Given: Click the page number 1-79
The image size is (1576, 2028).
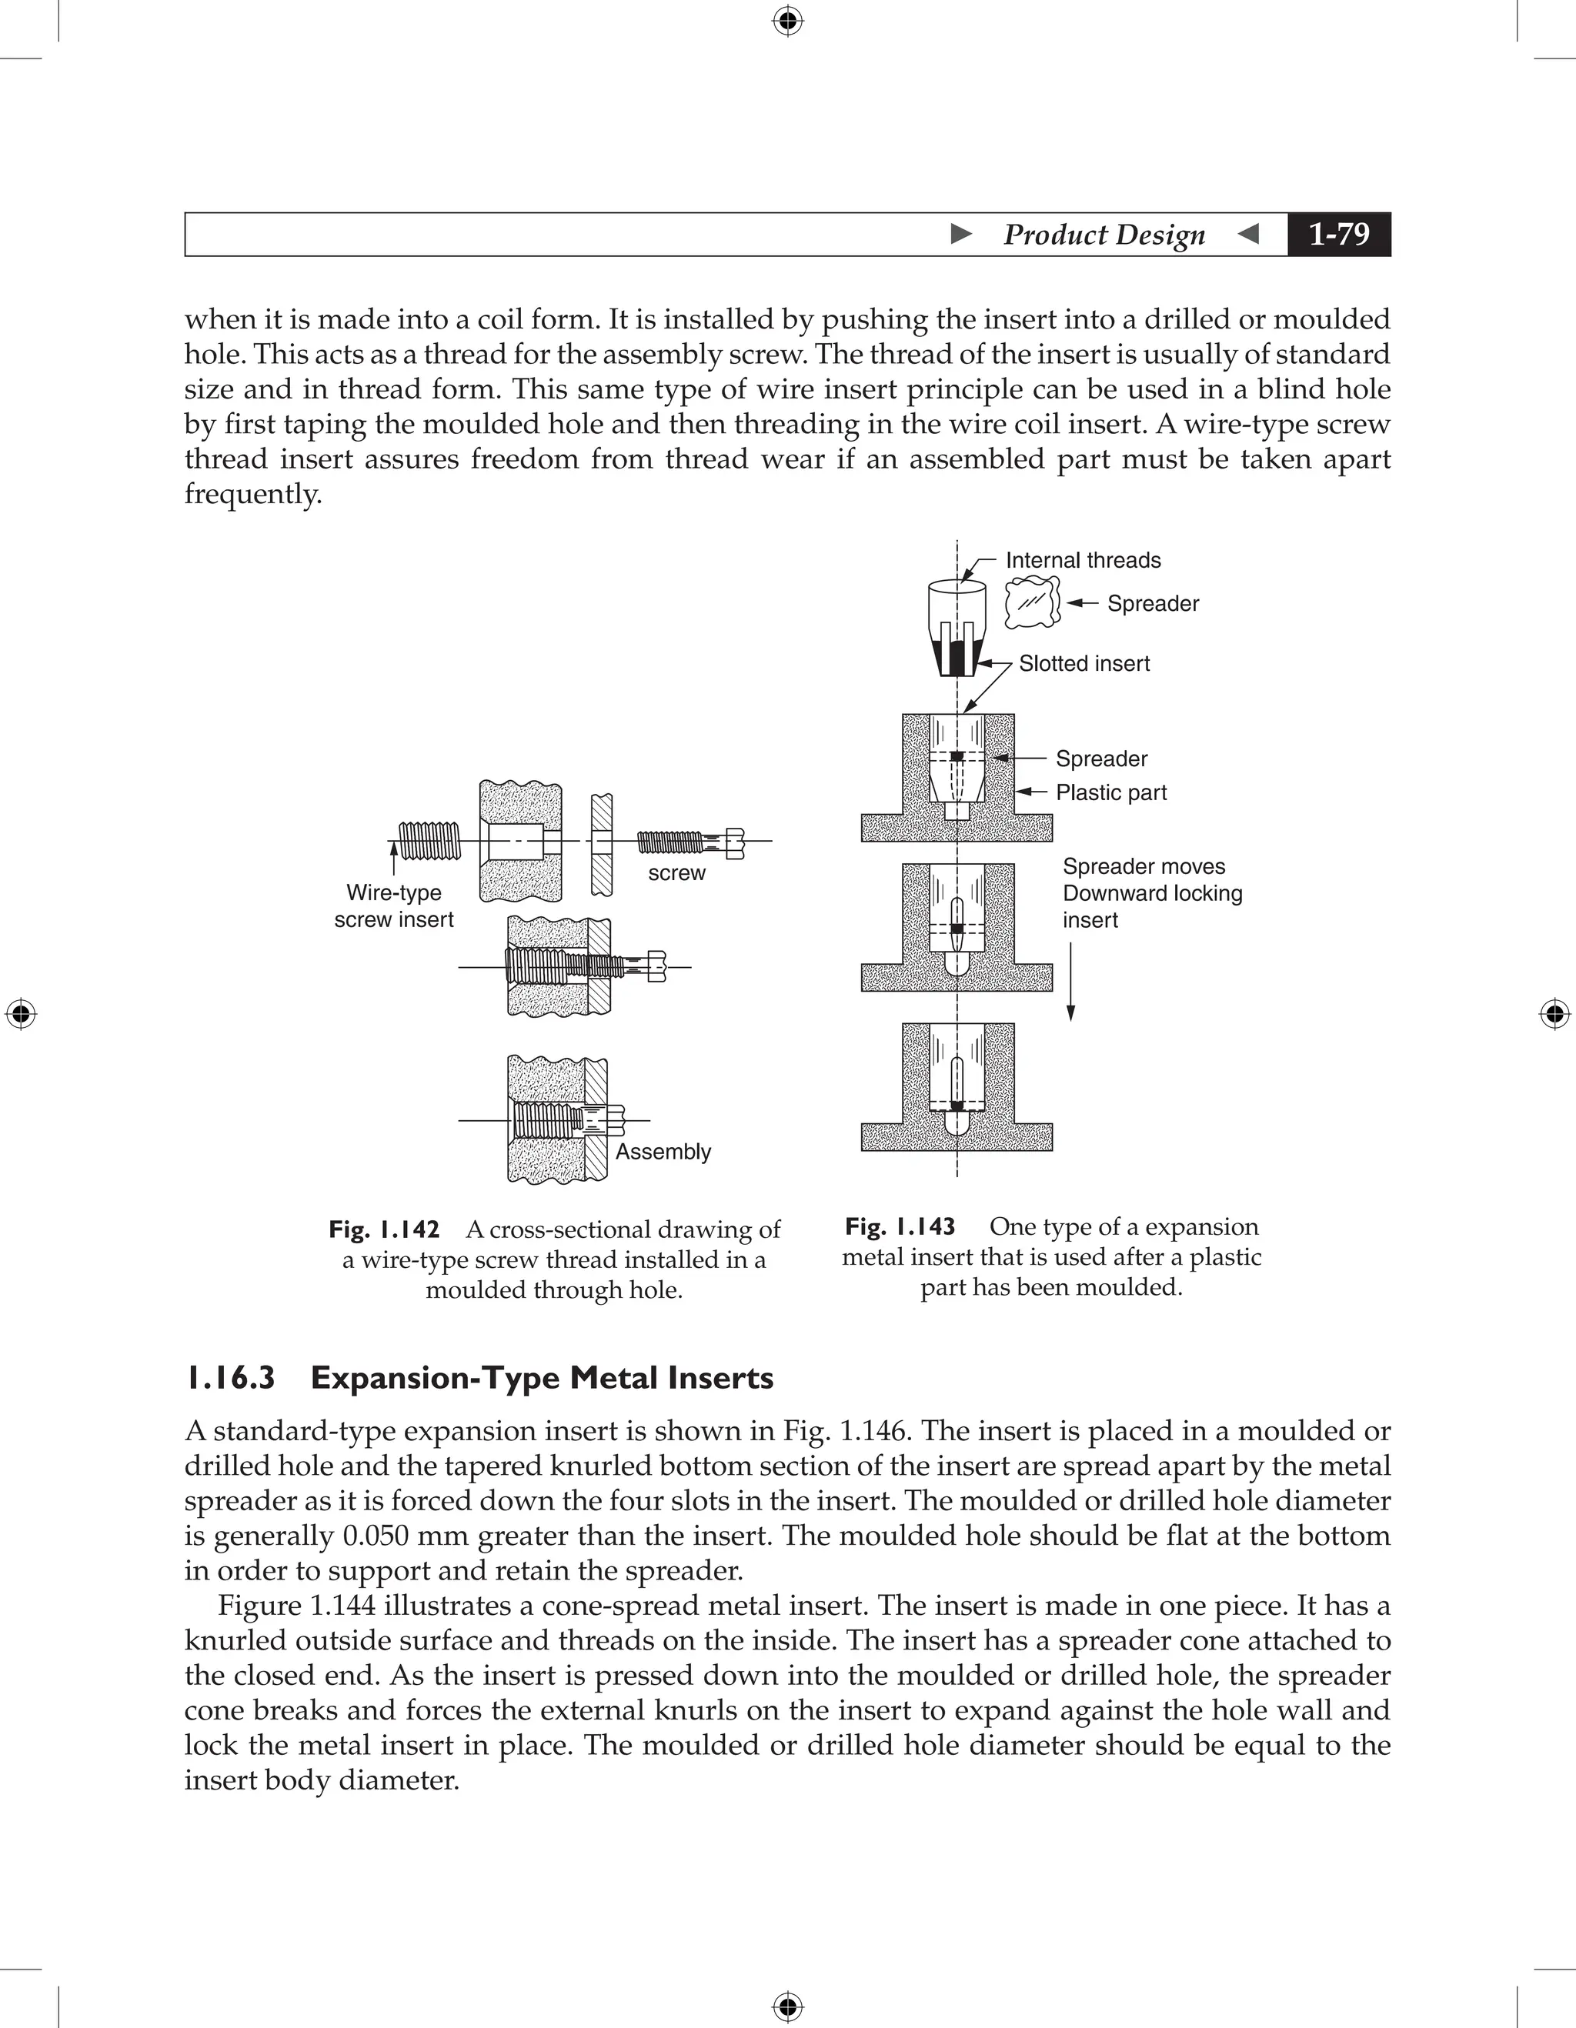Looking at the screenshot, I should pos(1338,234).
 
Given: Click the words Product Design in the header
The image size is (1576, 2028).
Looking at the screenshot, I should pos(1104,235).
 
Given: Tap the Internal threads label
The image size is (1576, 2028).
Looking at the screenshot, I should pos(1083,560).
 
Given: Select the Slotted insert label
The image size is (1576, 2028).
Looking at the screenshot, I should pos(1083,663).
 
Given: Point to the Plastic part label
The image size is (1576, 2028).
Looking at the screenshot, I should pos(1110,792).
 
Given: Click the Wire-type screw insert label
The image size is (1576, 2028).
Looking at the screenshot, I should pos(394,906).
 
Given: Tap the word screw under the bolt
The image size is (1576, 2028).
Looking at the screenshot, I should pos(676,873).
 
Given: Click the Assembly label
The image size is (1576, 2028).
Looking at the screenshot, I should pos(663,1152).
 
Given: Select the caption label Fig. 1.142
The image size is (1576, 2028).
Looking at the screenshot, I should pos(383,1229).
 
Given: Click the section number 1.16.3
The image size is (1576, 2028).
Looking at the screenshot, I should pos(230,1378).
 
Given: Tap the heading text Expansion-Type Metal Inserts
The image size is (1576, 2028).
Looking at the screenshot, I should pos(542,1378).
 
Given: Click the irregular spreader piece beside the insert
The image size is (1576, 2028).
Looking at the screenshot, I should pos(1033,602).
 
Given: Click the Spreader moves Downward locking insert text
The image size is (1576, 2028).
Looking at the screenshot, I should pos(1151,893).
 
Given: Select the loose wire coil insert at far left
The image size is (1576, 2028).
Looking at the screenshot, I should pos(429,842).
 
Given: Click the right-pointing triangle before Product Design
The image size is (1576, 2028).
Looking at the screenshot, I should pos(962,234).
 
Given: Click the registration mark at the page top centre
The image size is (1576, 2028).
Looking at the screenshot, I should pos(787,21).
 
